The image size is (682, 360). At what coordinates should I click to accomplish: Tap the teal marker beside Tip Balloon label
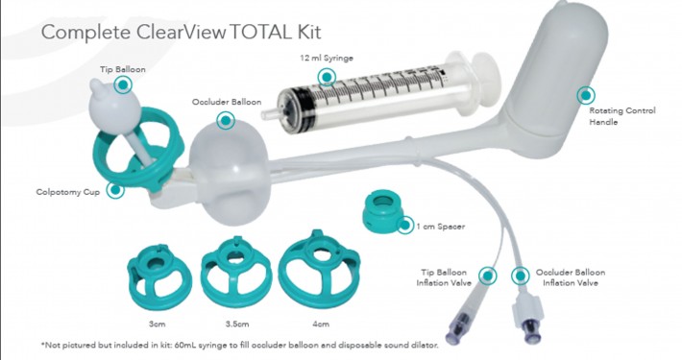pos(123,84)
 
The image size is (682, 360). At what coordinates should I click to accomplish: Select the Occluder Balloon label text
pos(227,102)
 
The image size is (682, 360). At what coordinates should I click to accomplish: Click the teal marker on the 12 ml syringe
pos(327,78)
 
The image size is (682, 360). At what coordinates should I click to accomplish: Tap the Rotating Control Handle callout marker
pos(586,95)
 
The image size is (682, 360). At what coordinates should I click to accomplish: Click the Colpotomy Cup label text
pos(68,192)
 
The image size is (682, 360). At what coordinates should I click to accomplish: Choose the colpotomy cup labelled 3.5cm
pos(236,273)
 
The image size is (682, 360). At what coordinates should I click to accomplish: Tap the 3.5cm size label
pos(237,324)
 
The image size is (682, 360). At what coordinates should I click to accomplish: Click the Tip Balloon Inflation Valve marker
pos(488,276)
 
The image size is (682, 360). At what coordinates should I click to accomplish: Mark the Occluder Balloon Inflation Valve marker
pos(520,276)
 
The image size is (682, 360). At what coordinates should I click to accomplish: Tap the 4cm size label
pos(321,324)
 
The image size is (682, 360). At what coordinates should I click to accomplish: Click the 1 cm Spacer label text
pos(441,227)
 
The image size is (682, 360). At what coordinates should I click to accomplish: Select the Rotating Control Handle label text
pos(622,116)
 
